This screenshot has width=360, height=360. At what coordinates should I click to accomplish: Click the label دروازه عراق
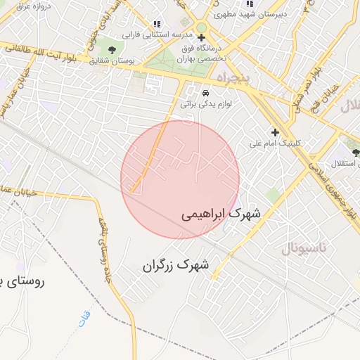(x=20, y=6)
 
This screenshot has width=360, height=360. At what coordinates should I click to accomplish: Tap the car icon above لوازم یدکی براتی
(x=205, y=92)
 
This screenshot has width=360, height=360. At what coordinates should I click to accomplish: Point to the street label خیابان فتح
(x=330, y=96)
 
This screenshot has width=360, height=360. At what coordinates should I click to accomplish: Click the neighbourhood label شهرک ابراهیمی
(x=220, y=213)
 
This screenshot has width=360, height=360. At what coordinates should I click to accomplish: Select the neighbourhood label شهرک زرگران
(x=176, y=265)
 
